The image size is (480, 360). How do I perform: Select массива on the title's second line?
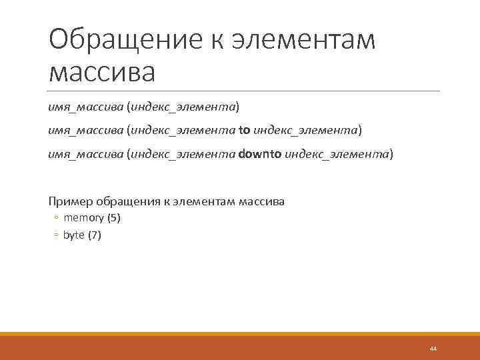(101, 72)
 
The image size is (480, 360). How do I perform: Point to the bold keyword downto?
(259, 155)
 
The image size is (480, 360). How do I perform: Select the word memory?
(80, 218)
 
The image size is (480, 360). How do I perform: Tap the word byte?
(73, 235)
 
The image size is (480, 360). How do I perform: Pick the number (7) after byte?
(95, 235)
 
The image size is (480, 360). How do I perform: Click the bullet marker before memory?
(57, 219)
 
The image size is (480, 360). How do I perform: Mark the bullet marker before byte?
(57, 236)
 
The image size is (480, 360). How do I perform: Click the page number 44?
(433, 349)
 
